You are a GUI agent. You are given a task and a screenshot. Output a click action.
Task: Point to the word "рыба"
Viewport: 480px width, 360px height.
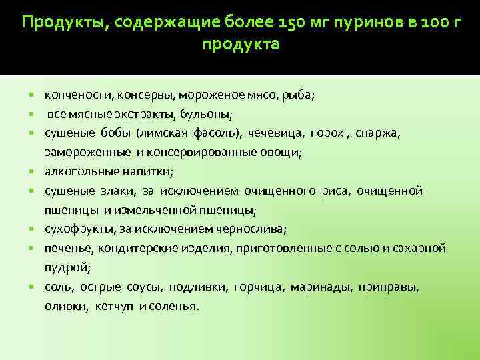(300, 95)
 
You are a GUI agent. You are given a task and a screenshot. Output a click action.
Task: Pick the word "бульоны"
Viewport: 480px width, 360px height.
(208, 114)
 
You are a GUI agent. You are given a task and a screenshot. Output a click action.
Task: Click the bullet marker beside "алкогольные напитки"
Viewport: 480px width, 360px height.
(33, 172)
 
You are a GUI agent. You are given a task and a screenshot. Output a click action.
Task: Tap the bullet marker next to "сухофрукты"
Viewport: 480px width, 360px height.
(33, 230)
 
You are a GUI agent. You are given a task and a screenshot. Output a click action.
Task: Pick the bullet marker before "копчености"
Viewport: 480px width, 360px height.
(33, 95)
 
